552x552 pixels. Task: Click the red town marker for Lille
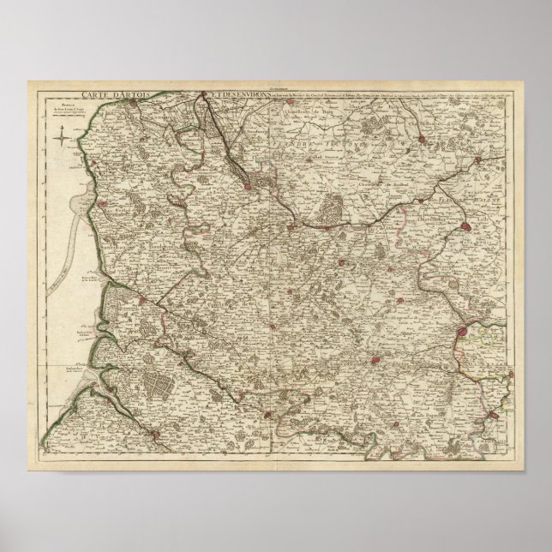tap(466, 226)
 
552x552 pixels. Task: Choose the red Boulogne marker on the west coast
tap(103, 204)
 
